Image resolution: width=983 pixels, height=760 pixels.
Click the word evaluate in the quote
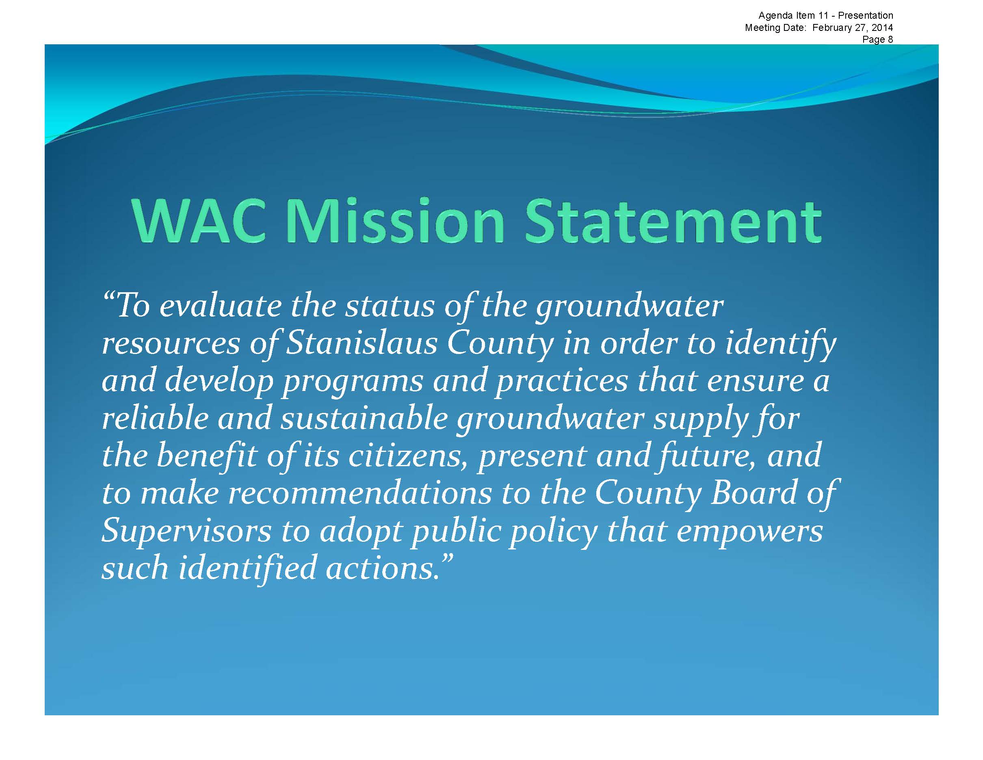click(220, 306)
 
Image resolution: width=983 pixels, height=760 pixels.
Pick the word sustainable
click(364, 418)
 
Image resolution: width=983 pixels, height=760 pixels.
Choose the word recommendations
click(359, 493)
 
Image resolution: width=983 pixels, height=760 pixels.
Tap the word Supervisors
click(186, 531)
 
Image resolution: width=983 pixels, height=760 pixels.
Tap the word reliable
click(155, 418)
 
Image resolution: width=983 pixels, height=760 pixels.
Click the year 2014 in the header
click(883, 28)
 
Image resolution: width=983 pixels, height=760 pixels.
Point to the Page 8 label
click(878, 39)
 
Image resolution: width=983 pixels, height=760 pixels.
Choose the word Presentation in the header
click(866, 15)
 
